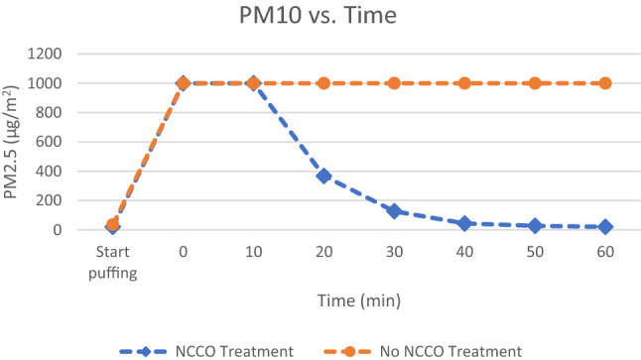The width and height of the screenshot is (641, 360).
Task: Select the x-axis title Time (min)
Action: [359, 298]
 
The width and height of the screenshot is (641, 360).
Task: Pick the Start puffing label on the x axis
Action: [112, 261]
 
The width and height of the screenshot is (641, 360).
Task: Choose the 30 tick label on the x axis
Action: [394, 253]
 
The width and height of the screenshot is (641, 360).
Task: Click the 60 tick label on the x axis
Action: [605, 253]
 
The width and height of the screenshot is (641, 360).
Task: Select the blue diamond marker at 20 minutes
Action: [323, 176]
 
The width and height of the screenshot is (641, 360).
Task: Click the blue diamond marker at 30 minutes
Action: [394, 210]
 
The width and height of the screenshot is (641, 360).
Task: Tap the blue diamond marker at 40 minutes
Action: [464, 223]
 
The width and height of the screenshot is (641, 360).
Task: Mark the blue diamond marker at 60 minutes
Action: [605, 227]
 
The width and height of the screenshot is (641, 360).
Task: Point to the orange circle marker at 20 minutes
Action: [323, 83]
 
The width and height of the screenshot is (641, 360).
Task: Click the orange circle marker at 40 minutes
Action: [464, 83]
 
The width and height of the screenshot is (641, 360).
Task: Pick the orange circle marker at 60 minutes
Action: [605, 83]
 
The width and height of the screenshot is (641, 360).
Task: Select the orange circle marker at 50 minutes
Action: [535, 83]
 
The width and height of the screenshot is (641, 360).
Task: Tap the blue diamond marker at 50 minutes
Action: [535, 226]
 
